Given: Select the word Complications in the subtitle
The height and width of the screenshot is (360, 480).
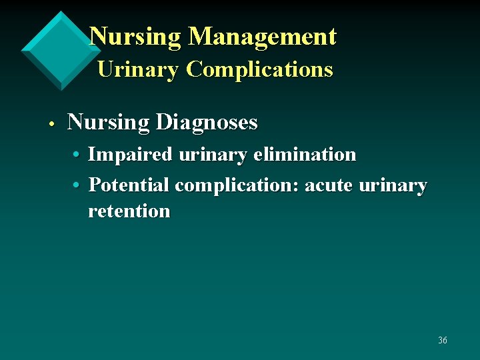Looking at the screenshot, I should click(259, 69).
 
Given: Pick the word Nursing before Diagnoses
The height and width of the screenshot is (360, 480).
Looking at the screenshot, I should click(109, 123).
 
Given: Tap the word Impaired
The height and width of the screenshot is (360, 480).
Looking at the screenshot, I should click(130, 155).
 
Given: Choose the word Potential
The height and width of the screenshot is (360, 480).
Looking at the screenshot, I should click(129, 185).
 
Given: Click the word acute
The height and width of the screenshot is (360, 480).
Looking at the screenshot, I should click(329, 185).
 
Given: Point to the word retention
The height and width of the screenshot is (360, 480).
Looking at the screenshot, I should click(129, 212).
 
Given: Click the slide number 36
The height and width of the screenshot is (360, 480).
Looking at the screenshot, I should click(443, 341).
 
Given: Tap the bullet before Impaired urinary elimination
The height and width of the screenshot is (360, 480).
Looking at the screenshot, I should click(77, 155).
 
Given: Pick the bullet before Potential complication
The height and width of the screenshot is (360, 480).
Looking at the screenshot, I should click(77, 185).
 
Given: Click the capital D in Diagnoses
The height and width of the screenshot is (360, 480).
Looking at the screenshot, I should click(163, 123).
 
